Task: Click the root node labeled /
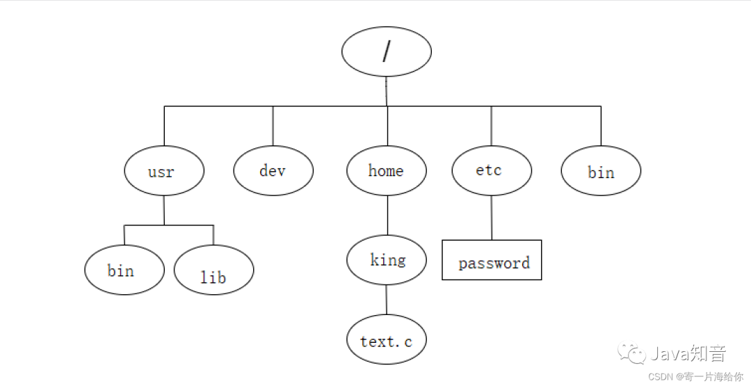(387, 51)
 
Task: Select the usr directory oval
(164, 171)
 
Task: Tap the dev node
(273, 170)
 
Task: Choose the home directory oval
(387, 170)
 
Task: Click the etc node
(491, 170)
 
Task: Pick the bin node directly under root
(601, 171)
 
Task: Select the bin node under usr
(124, 270)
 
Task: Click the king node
(387, 259)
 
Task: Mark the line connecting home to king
(387, 216)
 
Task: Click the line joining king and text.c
(387, 299)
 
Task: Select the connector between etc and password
(492, 218)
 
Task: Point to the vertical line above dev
(273, 125)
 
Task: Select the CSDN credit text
(696, 376)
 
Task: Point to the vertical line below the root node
(387, 90)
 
